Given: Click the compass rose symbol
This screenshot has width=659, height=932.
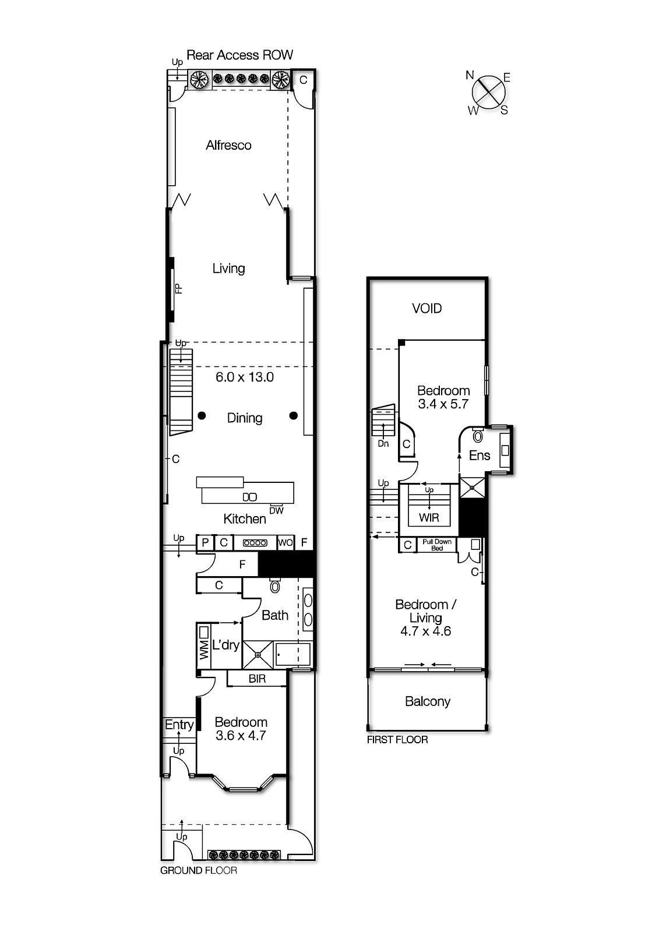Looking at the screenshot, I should pos(488,91).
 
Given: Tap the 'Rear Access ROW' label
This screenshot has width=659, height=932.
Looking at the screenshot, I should pos(239,55).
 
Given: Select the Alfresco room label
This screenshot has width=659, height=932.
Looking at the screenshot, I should pos(228,145).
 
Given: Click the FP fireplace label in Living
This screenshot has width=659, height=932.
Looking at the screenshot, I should pos(179,288).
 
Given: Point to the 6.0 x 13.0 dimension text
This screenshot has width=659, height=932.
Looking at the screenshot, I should pos(245,377).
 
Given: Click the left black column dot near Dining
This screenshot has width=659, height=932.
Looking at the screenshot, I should pos(202,415).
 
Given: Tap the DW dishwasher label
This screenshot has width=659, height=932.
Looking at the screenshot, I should pos(276,511).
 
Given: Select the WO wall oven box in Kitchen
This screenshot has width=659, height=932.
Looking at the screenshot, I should pos(285,543).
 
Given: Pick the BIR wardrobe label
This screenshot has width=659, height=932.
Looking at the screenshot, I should pos(257,679).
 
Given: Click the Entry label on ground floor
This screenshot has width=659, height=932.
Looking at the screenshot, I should pos(179,725).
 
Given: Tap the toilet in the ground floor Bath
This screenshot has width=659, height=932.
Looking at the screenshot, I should pos(275,585).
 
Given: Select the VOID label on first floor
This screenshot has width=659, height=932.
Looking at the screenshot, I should pos(427,308).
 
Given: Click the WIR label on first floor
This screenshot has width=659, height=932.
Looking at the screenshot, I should pos(429,517).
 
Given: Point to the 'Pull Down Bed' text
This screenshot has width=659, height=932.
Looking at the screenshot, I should pos(437,545).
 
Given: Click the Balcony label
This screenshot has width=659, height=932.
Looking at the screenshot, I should pos(428,701).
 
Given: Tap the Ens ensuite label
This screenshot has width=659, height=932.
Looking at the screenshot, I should pos(480,456).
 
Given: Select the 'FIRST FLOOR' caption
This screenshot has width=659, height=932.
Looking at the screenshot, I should pos(397,740).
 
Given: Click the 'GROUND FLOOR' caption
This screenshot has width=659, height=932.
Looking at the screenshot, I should pos(199,870).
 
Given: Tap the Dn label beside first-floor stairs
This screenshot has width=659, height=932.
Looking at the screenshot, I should pos(383,444).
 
